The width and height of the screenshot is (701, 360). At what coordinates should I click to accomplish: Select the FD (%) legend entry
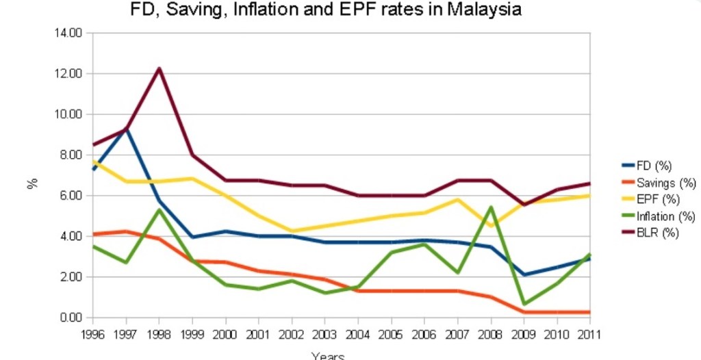(654, 165)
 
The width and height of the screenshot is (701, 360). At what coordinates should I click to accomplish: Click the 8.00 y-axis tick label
(71, 155)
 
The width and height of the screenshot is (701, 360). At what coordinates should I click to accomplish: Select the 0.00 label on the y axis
(71, 318)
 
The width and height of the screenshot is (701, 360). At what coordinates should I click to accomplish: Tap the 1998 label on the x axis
(159, 334)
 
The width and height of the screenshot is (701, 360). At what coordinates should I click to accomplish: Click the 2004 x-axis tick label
(358, 334)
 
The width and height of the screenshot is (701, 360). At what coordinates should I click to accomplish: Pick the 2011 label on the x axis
(589, 334)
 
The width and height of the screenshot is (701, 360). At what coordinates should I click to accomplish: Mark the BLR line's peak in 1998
(159, 68)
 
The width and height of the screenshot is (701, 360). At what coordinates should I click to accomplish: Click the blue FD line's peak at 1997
(126, 129)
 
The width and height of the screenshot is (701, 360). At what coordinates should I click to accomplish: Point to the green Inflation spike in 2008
(491, 207)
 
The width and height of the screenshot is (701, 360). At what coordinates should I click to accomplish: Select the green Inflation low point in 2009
(524, 303)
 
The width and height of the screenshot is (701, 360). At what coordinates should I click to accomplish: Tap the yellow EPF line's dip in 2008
(491, 225)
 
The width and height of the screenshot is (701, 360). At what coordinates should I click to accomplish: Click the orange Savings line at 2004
(358, 291)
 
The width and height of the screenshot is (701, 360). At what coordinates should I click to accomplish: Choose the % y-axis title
(31, 183)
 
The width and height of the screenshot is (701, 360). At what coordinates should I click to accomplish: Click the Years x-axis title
(327, 355)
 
